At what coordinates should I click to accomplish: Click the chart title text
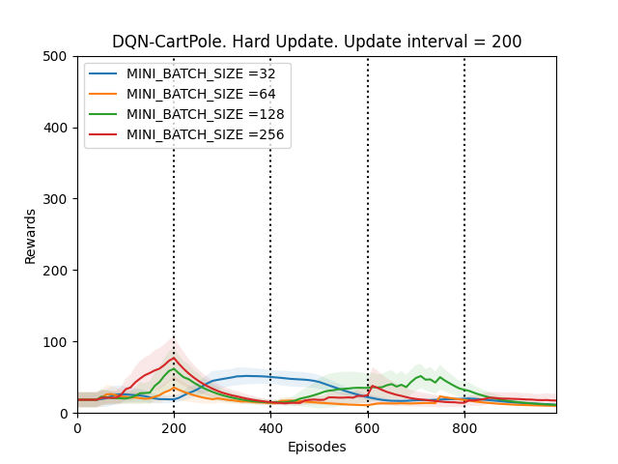(x=317, y=42)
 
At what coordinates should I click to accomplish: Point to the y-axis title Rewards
(x=31, y=235)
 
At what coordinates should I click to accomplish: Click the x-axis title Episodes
(x=317, y=448)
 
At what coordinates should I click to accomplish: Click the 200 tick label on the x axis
(x=174, y=427)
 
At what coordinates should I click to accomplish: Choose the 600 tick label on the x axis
(x=368, y=427)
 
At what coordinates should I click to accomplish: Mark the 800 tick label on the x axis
(x=464, y=427)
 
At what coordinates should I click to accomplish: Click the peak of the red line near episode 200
(x=174, y=359)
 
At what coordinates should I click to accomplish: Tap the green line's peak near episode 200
(x=174, y=368)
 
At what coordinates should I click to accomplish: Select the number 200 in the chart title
(x=506, y=42)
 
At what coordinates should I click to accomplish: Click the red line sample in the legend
(x=104, y=133)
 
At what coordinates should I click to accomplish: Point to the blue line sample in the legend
(x=104, y=73)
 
